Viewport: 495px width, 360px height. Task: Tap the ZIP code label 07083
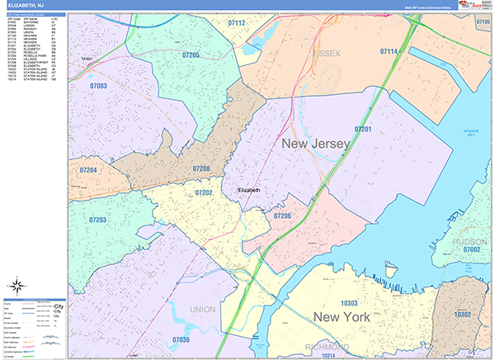(x=98, y=86)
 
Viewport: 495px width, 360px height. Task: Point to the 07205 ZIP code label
(x=191, y=54)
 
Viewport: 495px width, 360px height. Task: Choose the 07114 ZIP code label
(x=388, y=52)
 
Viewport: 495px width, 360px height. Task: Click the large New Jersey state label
(x=316, y=144)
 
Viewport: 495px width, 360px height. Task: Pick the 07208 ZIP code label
(x=200, y=168)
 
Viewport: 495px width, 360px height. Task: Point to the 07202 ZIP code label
(x=205, y=192)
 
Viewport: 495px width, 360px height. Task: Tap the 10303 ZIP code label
(x=349, y=303)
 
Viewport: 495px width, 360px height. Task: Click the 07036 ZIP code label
(x=181, y=339)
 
